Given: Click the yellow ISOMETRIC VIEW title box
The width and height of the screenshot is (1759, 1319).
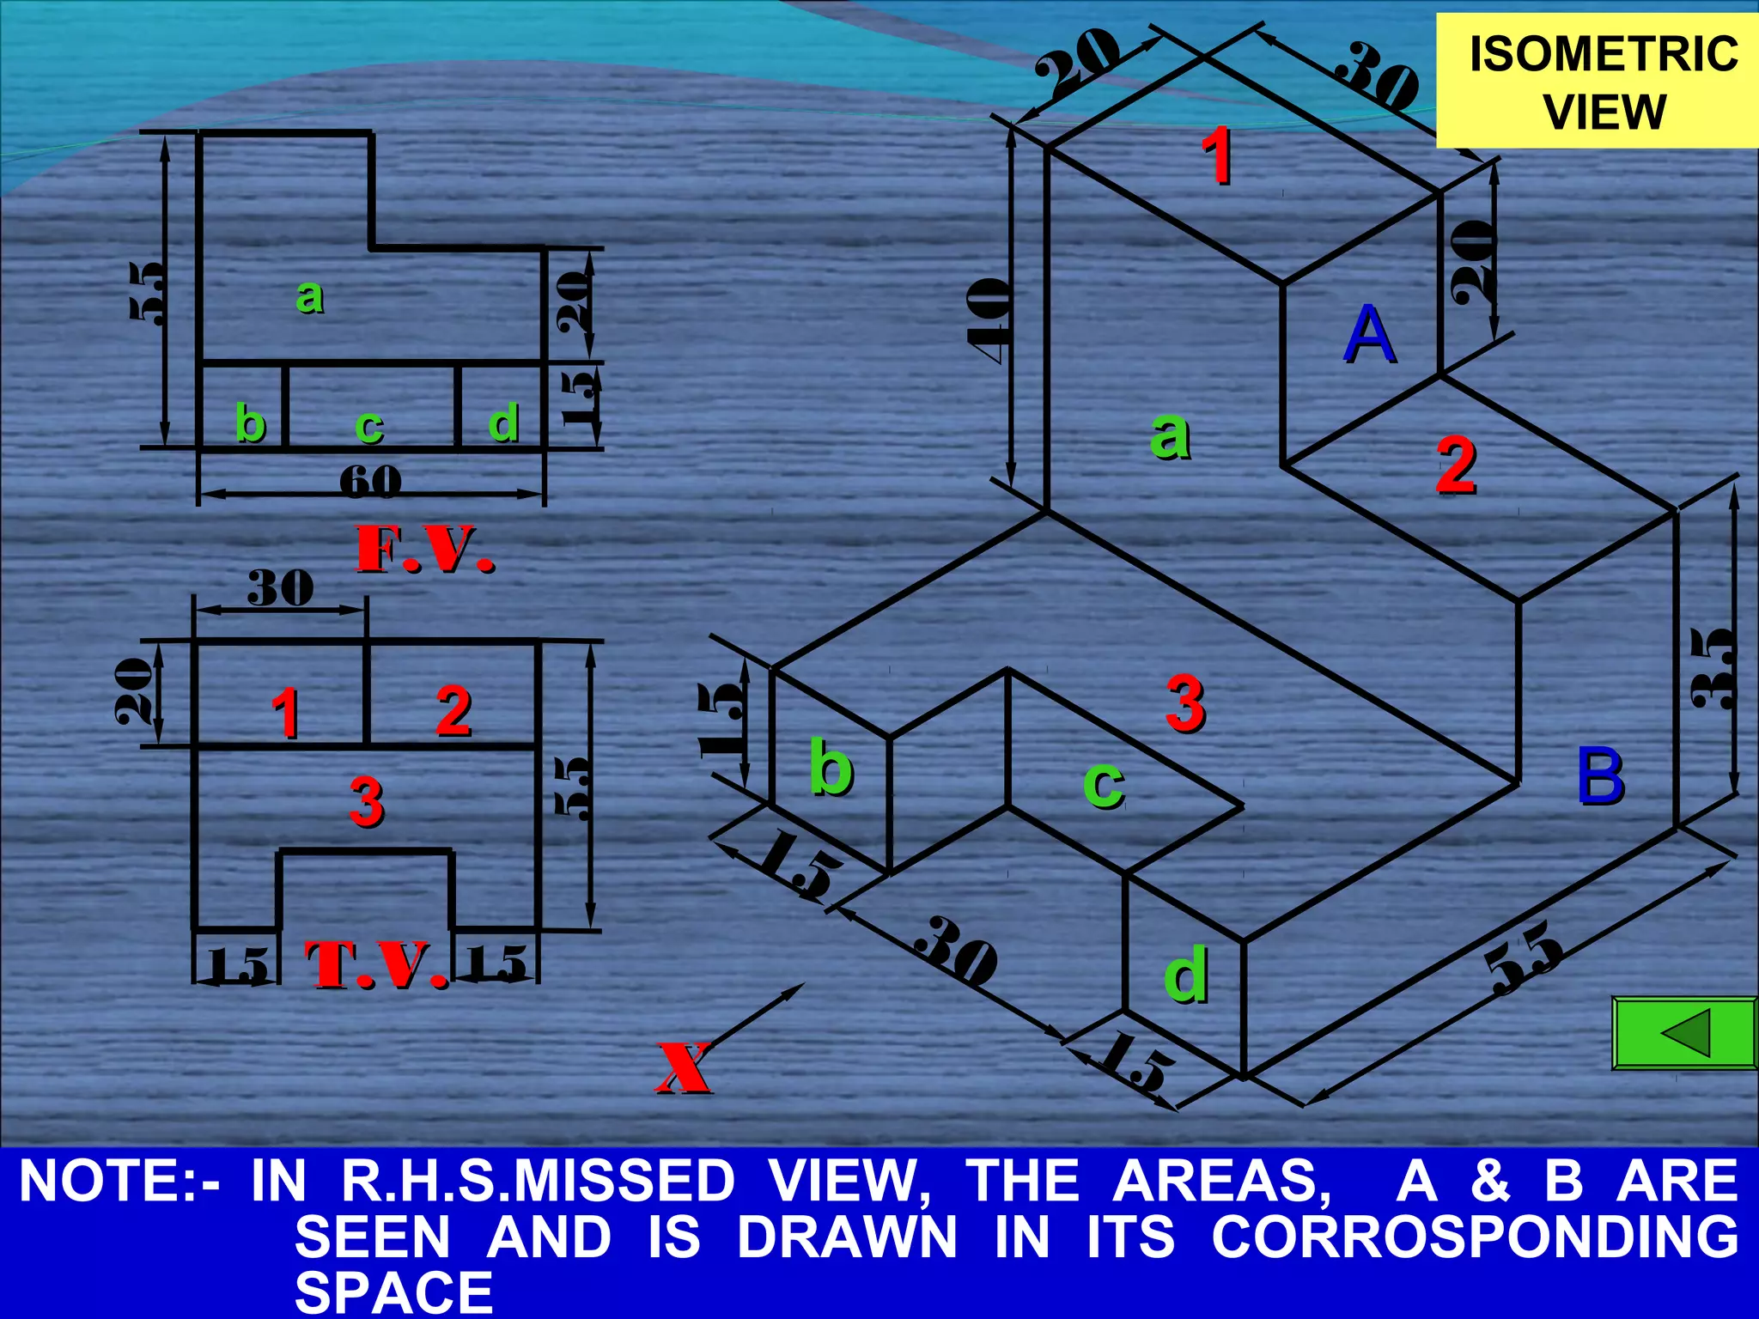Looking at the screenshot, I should coord(1598,82).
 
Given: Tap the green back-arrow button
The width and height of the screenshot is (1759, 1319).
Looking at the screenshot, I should coord(1684,1032).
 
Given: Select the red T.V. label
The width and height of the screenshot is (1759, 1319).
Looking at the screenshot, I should coord(377,964).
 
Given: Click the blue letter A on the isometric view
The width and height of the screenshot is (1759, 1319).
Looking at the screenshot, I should coord(1369,335).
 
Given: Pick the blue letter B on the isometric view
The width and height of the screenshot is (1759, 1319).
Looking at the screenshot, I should coord(1600,776).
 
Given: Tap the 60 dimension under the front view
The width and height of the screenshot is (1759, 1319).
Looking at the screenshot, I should coord(370,482).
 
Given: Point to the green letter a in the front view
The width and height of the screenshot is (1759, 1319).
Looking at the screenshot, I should coord(310,296).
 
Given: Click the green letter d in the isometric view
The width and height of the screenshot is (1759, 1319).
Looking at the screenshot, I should coord(1186,975).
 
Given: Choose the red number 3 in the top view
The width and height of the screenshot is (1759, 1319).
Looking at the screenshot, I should coord(367,802).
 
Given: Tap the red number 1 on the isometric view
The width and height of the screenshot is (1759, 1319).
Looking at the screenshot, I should coord(1217,155).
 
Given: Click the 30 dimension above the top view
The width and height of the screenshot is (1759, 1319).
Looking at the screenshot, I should coord(280,588).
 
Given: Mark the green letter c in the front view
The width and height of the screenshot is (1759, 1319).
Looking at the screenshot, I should coord(369,425).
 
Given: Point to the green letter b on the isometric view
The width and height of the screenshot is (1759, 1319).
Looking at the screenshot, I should coord(831,767).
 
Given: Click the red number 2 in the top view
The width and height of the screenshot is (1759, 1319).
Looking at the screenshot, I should coord(453,711).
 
